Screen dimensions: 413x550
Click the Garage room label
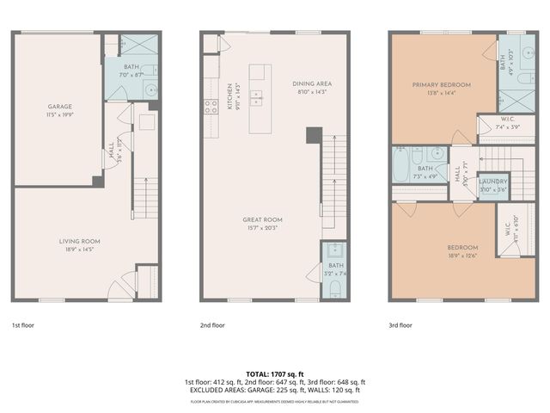(59, 107)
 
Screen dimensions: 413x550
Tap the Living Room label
(80, 241)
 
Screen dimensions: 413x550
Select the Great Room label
(262, 219)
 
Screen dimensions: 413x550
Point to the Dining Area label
(311, 83)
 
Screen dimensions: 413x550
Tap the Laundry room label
(492, 182)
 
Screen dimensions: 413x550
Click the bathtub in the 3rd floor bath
(401, 164)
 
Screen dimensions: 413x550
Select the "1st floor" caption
(22, 325)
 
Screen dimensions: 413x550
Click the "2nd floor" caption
(212, 325)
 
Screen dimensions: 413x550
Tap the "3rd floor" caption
(400, 325)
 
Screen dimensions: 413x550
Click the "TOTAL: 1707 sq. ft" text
(274, 373)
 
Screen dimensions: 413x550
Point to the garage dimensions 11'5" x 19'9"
(59, 114)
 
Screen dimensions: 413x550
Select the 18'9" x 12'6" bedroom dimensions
(462, 256)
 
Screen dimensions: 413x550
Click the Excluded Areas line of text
(274, 390)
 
